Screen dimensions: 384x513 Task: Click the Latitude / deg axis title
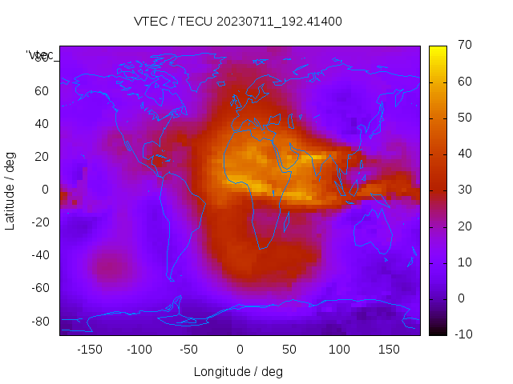point(10,190)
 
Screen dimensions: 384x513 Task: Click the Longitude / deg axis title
point(238,371)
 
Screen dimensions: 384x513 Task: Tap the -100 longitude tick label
point(139,349)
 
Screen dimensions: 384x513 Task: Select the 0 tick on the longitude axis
point(239,349)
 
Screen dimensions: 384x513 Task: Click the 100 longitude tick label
point(339,349)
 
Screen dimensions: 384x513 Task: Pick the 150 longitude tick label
point(389,349)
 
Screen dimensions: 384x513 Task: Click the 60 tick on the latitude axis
point(42,90)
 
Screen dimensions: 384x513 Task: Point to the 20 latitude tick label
point(42,157)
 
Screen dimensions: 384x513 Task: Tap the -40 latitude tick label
point(38,255)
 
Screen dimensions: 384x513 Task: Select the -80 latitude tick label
point(38,321)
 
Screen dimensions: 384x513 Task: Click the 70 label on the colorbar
point(463,45)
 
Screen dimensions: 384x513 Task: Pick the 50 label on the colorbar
point(463,118)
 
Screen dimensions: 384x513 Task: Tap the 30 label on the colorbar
point(463,190)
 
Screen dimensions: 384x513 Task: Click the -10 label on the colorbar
point(461,334)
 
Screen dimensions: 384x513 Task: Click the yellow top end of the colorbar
point(438,50)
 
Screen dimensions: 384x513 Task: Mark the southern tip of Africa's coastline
point(259,248)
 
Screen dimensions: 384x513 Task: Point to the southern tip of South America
point(171,280)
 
